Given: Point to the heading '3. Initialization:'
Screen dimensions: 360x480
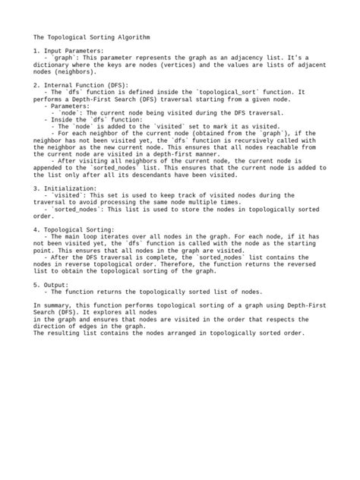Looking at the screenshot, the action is tap(65, 188).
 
